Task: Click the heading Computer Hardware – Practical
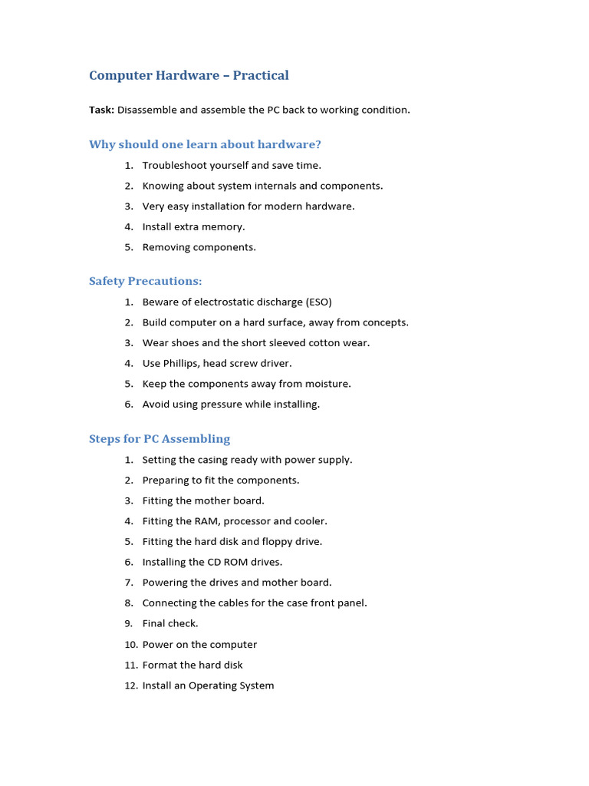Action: click(x=189, y=75)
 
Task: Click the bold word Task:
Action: click(x=101, y=110)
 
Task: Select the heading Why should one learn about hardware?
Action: click(x=205, y=144)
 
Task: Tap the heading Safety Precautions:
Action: click(x=146, y=281)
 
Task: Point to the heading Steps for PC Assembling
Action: click(x=160, y=439)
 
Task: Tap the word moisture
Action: click(x=325, y=384)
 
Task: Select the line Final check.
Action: click(x=170, y=623)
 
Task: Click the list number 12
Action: click(x=130, y=685)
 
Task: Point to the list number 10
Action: click(x=130, y=645)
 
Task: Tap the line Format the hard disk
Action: click(x=192, y=665)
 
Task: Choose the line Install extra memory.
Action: click(x=193, y=226)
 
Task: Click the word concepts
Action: click(x=384, y=322)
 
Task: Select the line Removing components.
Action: click(x=199, y=247)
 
